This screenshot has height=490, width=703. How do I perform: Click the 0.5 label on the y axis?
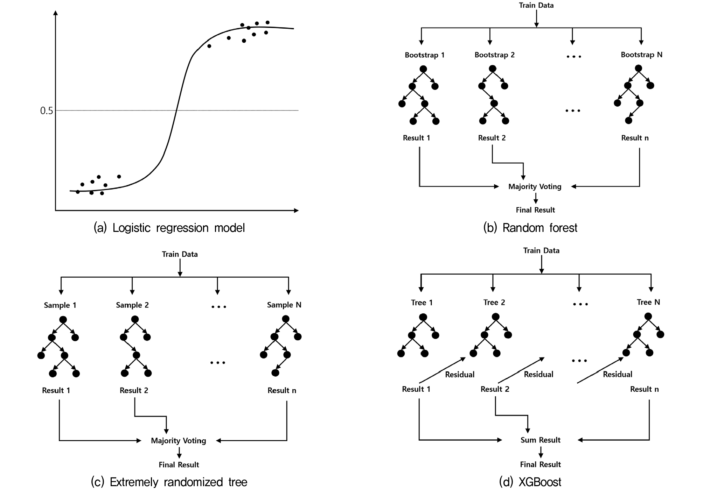tap(46, 111)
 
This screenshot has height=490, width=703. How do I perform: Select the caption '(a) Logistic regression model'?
tap(169, 228)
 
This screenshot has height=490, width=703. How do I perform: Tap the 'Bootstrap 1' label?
tap(424, 55)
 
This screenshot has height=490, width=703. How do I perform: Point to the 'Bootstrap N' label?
tap(641, 55)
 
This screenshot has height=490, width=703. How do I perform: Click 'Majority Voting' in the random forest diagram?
tap(535, 186)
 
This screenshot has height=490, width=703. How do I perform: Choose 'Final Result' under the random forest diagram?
tap(535, 210)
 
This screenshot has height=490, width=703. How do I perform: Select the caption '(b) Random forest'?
tap(530, 228)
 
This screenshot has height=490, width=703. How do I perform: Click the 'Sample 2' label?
tap(132, 305)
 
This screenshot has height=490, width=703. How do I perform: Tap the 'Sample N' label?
tap(284, 305)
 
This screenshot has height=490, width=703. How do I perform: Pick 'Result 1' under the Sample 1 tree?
tap(56, 390)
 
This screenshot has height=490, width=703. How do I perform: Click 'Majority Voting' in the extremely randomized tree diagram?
tap(178, 441)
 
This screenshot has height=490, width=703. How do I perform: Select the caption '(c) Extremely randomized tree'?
tap(169, 482)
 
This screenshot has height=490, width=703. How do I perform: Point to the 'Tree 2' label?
tap(494, 302)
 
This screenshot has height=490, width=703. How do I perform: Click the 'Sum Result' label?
tap(540, 440)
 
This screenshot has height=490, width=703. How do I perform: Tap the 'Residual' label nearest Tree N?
tap(617, 374)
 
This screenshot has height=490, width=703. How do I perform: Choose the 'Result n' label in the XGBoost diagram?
tap(644, 389)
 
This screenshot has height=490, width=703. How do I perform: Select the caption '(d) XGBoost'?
tap(530, 482)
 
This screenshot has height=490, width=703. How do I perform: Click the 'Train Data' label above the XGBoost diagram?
tap(541, 250)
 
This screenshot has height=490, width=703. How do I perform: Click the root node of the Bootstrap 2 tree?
tap(493, 69)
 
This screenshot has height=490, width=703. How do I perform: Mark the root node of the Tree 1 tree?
tap(423, 317)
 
